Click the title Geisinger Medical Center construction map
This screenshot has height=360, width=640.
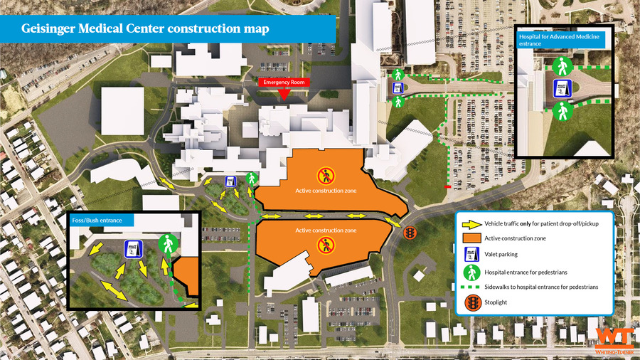(146, 29)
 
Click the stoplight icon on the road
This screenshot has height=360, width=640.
(410, 233)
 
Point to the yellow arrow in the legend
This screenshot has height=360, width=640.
(471, 223)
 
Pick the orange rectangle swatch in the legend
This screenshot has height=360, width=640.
(471, 238)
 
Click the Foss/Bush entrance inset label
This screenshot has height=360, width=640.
(97, 221)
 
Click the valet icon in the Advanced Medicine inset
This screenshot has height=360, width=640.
(562, 90)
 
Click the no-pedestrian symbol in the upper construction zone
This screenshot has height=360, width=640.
(325, 174)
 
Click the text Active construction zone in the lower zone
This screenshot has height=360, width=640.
(326, 231)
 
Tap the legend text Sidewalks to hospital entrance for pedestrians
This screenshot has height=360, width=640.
(540, 287)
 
